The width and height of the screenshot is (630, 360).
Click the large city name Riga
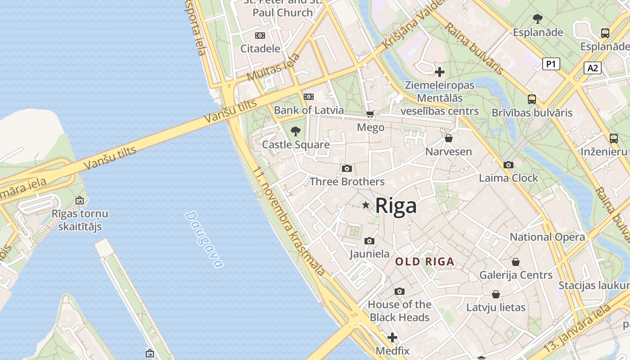click(396, 206)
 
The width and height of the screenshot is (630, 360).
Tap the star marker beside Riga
click(366, 205)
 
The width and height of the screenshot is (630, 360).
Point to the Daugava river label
click(204, 239)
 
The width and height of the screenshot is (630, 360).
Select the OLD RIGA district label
click(425, 261)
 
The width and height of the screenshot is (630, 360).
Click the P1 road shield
click(551, 64)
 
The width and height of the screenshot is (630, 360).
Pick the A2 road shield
click(593, 68)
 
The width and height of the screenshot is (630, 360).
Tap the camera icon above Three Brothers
click(346, 168)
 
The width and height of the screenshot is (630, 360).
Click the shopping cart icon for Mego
click(370, 114)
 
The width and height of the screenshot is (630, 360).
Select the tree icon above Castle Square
click(296, 131)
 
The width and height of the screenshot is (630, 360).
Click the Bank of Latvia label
click(309, 110)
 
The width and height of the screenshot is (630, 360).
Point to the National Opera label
click(547, 237)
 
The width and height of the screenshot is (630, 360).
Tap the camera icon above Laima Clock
click(508, 165)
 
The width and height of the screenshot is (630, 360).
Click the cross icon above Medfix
click(392, 337)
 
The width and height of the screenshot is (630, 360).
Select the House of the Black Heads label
click(400, 311)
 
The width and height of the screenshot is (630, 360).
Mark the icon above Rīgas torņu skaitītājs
click(80, 200)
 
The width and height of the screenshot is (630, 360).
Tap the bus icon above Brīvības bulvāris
click(532, 99)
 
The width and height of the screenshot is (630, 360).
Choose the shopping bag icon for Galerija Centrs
click(516, 261)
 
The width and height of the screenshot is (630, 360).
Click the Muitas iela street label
click(273, 69)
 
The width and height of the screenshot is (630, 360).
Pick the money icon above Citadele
click(260, 36)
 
